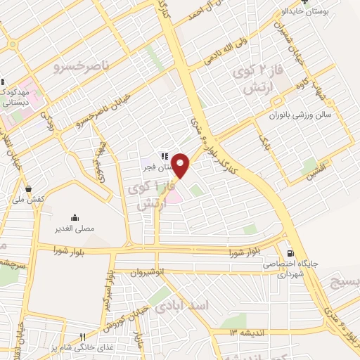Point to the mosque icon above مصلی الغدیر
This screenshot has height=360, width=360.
tap(75, 217)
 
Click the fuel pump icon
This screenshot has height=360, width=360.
tap(289, 253)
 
